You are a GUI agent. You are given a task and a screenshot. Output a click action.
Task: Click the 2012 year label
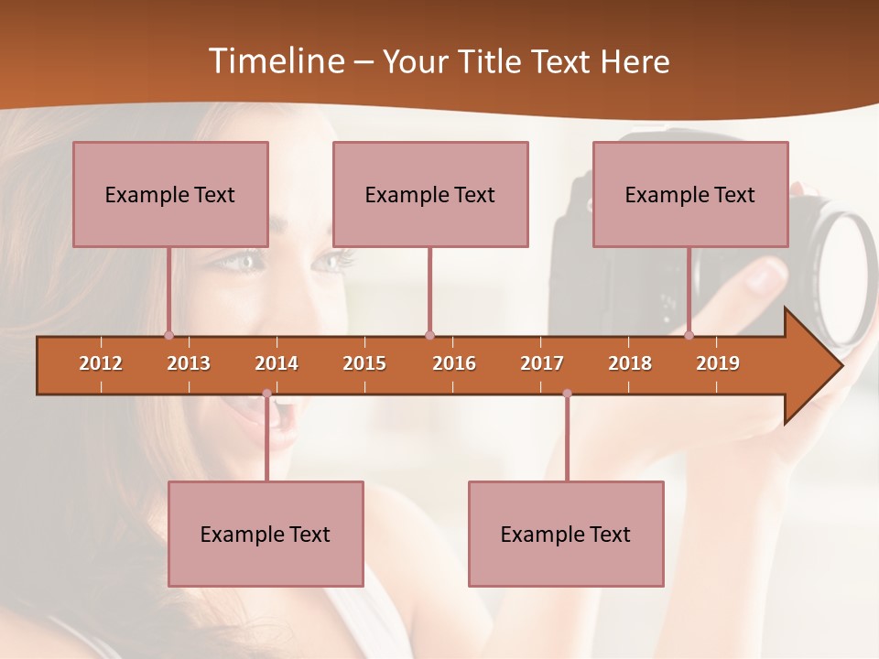click(101, 363)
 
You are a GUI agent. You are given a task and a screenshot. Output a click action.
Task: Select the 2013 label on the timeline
click(189, 363)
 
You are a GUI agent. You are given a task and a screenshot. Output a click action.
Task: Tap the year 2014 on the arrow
click(277, 363)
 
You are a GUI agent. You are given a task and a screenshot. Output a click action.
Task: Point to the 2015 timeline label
click(364, 363)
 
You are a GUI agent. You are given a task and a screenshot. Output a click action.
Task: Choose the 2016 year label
click(454, 363)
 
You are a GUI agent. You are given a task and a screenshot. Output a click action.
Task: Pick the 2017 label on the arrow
click(542, 363)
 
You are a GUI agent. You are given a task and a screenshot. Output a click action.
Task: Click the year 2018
click(630, 363)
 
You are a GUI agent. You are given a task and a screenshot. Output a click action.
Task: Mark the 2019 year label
click(718, 363)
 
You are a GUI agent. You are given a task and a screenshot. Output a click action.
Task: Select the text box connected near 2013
click(170, 194)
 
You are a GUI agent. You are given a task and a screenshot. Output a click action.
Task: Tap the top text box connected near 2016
click(430, 194)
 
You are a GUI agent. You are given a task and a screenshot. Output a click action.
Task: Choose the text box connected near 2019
click(690, 194)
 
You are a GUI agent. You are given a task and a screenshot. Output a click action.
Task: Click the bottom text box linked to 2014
click(266, 534)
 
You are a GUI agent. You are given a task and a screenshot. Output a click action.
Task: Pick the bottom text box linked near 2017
click(566, 534)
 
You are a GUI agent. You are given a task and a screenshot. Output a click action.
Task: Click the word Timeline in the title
click(275, 61)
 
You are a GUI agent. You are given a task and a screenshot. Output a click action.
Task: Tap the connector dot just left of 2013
click(168, 336)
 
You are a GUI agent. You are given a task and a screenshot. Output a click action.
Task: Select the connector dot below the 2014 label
click(266, 394)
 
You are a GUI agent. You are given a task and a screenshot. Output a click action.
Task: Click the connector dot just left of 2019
click(689, 336)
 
